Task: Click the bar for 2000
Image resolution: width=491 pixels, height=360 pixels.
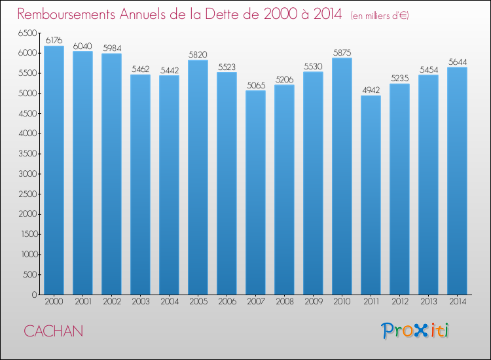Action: (54, 170)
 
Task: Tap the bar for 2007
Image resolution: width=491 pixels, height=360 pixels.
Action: (255, 192)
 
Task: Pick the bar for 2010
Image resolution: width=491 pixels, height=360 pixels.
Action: (342, 176)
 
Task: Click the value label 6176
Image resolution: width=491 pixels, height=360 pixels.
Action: (54, 41)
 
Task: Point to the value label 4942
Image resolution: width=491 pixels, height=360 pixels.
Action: (371, 90)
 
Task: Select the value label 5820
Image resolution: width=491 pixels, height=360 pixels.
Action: (198, 55)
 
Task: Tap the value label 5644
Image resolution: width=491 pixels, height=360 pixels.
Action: (457, 62)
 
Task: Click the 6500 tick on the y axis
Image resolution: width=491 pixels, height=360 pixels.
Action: (28, 33)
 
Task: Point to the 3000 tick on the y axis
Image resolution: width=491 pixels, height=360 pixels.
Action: (28, 173)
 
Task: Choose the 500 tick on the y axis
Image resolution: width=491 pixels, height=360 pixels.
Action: (30, 274)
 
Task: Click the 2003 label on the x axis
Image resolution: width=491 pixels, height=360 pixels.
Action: (140, 302)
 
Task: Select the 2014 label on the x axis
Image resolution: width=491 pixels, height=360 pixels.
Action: (457, 302)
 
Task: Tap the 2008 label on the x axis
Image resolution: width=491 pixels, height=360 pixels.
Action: (284, 302)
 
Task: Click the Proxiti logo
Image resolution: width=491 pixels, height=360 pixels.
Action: (415, 330)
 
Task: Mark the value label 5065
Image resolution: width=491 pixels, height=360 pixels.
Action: (255, 85)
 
